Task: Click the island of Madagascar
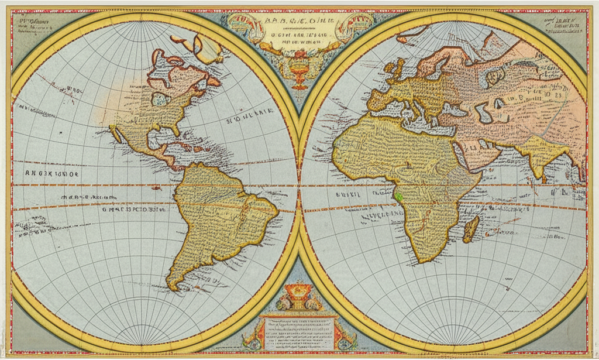(x=471, y=229)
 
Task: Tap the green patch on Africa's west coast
(x=398, y=198)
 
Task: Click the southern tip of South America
(x=174, y=286)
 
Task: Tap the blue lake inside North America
(x=159, y=100)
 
